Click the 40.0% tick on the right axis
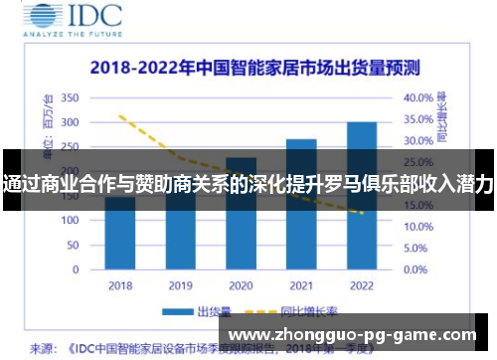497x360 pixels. (418, 98)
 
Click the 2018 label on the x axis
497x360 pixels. (119, 285)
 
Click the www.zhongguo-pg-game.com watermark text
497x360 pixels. (352, 335)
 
